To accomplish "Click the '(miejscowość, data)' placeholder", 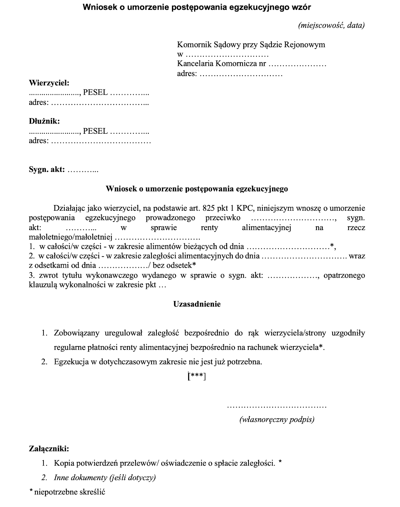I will (331, 25).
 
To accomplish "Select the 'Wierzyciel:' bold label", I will (49, 83).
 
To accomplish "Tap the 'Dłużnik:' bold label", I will (44, 121).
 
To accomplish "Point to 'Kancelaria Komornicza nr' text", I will (221, 63).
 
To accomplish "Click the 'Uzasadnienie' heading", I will (197, 304).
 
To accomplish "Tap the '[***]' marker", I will (197, 376).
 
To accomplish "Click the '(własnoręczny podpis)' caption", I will (277, 420).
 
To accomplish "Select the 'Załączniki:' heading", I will (49, 448).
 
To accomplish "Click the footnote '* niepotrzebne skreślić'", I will (67, 492).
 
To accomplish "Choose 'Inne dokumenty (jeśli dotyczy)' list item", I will (105, 478).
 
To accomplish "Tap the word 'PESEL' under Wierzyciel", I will (95, 93).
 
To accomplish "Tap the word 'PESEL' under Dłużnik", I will (95, 131).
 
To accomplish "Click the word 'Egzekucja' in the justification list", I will (71, 362).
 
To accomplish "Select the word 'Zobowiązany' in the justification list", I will (76, 333).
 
